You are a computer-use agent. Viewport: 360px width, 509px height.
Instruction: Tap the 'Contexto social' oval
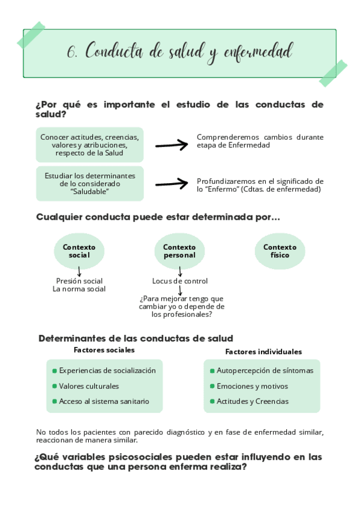(79, 251)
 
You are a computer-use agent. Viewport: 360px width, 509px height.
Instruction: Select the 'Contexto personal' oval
(179, 251)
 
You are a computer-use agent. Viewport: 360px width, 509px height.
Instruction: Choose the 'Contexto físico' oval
(280, 251)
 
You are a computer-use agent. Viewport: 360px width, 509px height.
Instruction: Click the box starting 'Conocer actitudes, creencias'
(90, 145)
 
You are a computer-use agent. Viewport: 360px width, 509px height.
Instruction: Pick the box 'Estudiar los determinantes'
(90, 183)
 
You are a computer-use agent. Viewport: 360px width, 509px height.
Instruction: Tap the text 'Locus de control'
(180, 281)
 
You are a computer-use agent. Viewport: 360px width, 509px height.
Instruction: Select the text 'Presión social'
(79, 281)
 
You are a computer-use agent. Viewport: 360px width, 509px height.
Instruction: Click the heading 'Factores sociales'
(104, 350)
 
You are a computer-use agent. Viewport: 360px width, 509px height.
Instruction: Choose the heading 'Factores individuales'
(263, 352)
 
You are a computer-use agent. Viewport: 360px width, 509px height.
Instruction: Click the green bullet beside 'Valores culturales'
(55, 387)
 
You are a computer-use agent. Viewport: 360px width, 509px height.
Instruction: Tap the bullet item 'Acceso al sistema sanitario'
(104, 402)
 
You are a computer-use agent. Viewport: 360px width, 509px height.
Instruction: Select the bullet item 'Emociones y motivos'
(252, 387)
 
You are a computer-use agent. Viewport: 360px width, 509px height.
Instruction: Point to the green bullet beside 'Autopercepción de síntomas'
(212, 371)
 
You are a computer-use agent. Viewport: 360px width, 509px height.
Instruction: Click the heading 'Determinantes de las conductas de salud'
(136, 339)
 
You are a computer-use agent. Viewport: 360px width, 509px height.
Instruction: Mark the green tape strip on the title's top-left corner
(31, 35)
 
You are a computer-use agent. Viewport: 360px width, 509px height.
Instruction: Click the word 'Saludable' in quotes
(89, 191)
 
